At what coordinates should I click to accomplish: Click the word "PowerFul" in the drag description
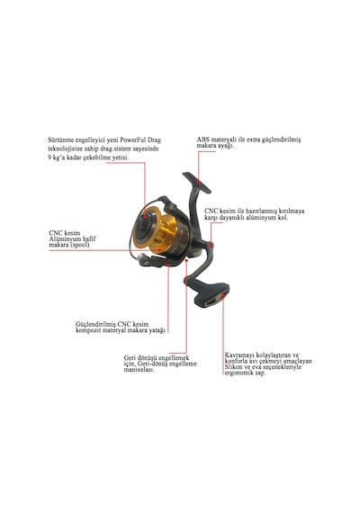tap(133, 140)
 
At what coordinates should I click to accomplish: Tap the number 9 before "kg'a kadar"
tap(49, 157)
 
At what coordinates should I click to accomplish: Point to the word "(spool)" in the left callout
tap(80, 245)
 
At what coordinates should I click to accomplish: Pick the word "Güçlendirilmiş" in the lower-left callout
tap(95, 324)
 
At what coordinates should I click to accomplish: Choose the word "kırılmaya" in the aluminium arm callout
tap(292, 211)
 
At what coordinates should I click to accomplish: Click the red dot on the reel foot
tap(198, 180)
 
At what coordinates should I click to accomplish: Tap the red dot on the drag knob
tap(145, 217)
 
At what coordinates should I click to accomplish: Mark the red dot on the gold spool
tap(159, 250)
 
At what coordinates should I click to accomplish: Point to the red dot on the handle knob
tap(223, 295)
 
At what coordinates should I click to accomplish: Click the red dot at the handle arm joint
tap(211, 245)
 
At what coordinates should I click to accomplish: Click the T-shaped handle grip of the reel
tap(212, 294)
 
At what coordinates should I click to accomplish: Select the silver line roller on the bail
tap(143, 258)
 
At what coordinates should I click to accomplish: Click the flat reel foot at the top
tap(196, 182)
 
